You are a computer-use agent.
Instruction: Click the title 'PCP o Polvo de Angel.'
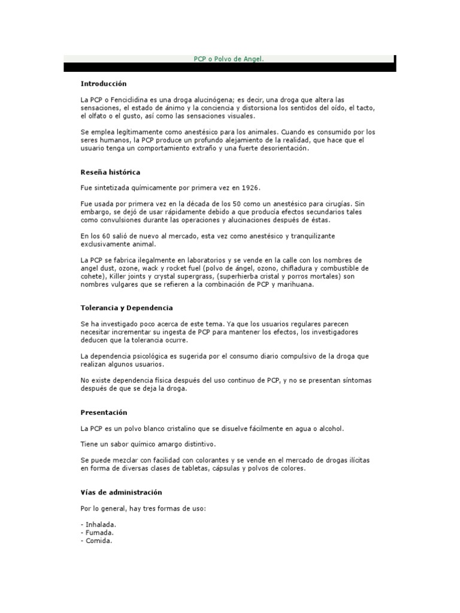click(228, 59)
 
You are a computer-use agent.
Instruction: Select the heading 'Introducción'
click(104, 84)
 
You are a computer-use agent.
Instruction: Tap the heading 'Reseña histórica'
click(110, 172)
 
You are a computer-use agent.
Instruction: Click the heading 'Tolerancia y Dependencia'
click(126, 308)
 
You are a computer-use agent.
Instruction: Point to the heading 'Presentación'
click(104, 412)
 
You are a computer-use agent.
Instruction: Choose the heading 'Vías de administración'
click(121, 492)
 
